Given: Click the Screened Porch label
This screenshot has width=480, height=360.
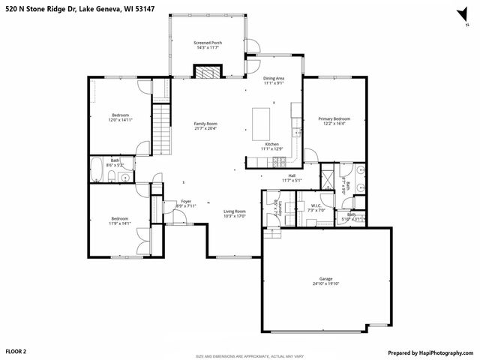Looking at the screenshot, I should coord(208,43).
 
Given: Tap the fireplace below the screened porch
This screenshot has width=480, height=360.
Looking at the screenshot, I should coord(208,72).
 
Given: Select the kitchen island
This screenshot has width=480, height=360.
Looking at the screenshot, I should coord(262,119).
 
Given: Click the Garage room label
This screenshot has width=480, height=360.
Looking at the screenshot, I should coord(325,278).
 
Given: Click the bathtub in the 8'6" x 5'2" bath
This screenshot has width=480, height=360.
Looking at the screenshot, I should coord(97,169).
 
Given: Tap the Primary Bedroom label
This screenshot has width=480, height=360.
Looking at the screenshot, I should coord(334,118).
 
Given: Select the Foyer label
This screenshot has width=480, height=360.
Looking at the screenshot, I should coord(186,201).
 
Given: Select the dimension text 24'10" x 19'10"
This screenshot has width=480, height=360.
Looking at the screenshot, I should coord(325,283).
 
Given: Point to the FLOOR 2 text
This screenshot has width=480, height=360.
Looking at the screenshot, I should coord(16,351).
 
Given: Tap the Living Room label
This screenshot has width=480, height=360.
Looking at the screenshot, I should coord(235,211).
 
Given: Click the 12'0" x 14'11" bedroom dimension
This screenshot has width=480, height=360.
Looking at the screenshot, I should coord(121,120).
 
